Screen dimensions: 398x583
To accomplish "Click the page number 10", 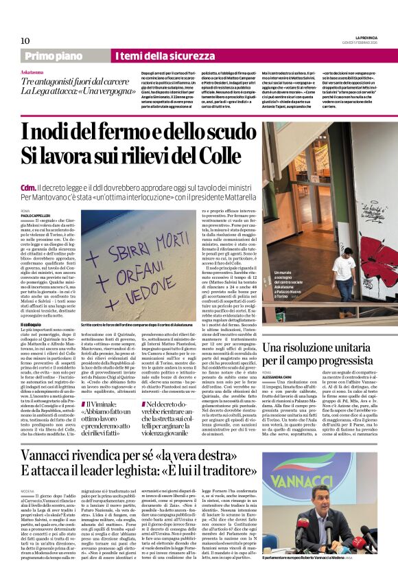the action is coord(25,40).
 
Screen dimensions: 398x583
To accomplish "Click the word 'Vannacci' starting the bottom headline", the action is coord(52,457).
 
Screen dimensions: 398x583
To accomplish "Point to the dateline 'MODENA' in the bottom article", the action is coord(28,492).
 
